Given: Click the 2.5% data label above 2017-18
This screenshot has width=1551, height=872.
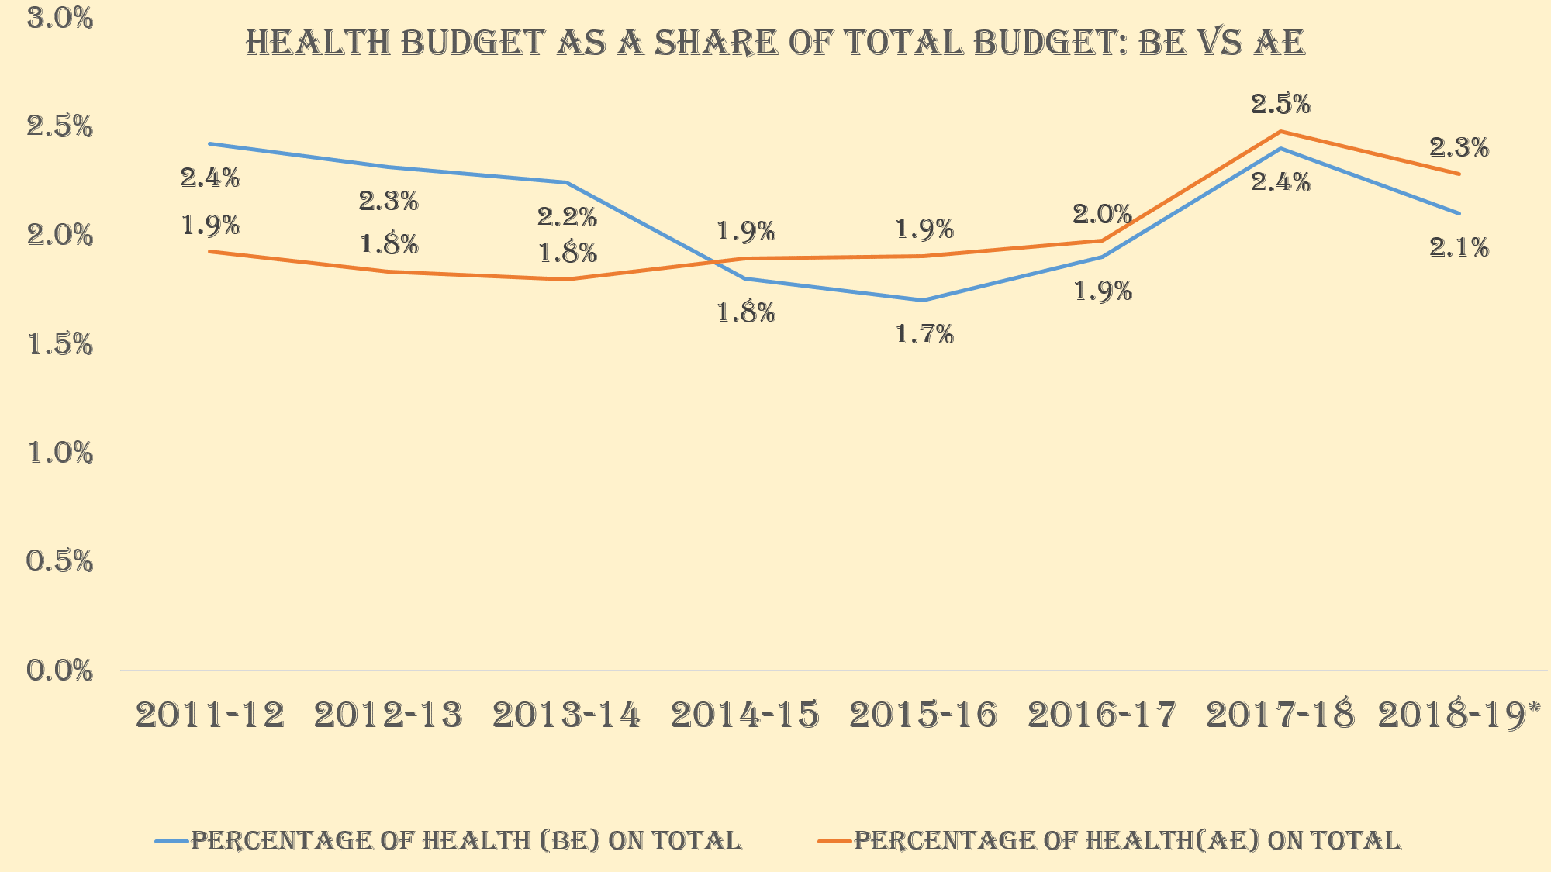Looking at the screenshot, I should pyautogui.click(x=1280, y=104).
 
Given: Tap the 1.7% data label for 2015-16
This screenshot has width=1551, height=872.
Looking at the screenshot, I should pyautogui.click(x=924, y=335).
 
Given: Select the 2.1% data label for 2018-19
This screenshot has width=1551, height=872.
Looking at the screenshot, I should pyautogui.click(x=1459, y=248).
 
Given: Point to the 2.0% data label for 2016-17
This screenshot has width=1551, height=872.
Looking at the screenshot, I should pyautogui.click(x=1102, y=214).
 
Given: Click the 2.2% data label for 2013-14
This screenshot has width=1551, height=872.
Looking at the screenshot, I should pyautogui.click(x=567, y=218).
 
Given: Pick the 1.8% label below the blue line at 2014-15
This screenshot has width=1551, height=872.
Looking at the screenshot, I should pyautogui.click(x=745, y=313).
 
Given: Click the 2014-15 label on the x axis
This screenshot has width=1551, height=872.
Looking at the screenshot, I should pyautogui.click(x=745, y=715).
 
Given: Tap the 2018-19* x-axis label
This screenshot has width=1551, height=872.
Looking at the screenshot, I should pyautogui.click(x=1459, y=715).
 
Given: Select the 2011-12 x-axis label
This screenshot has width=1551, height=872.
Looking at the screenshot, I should pyautogui.click(x=210, y=715).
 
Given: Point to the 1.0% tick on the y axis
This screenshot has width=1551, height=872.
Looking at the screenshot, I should pyautogui.click(x=60, y=453).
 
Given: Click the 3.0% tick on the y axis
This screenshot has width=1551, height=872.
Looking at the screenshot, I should pyautogui.click(x=60, y=19).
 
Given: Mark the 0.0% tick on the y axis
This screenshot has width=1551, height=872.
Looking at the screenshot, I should pyautogui.click(x=60, y=670).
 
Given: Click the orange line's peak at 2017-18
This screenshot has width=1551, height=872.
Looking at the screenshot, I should pyautogui.click(x=1280, y=132).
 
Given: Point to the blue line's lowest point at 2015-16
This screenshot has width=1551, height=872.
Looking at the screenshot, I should pyautogui.click(x=924, y=300).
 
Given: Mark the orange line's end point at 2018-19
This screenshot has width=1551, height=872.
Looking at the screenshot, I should pyautogui.click(x=1459, y=174).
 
